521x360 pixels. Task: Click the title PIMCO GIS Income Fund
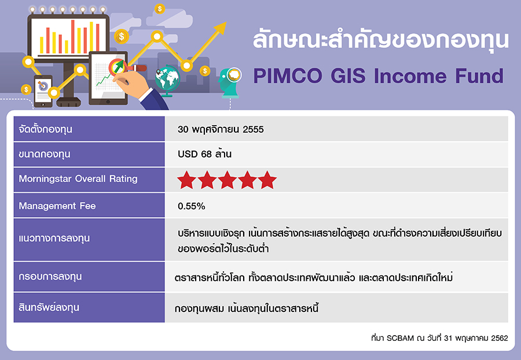pos(378,76)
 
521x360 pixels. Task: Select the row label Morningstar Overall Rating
pos(78,179)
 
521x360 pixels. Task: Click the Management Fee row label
pos(57,206)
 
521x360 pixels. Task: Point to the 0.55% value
pos(192,206)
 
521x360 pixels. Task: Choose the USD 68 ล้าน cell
pos(205,154)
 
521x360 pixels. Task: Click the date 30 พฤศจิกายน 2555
pos(221,129)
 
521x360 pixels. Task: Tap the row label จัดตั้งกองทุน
pos(45,129)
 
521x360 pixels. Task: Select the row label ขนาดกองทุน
pos(45,155)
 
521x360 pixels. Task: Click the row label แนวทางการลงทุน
pos(54,238)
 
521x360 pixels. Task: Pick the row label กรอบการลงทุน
pos(50,277)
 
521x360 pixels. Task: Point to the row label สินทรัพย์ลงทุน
pos(49,307)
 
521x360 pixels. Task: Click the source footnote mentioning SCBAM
pos(439,338)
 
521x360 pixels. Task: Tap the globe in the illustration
pos(167,79)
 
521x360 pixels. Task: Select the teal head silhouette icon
pos(230,83)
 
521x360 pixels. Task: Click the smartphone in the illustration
pos(43,91)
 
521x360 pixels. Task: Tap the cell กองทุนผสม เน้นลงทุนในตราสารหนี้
pos(246,308)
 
